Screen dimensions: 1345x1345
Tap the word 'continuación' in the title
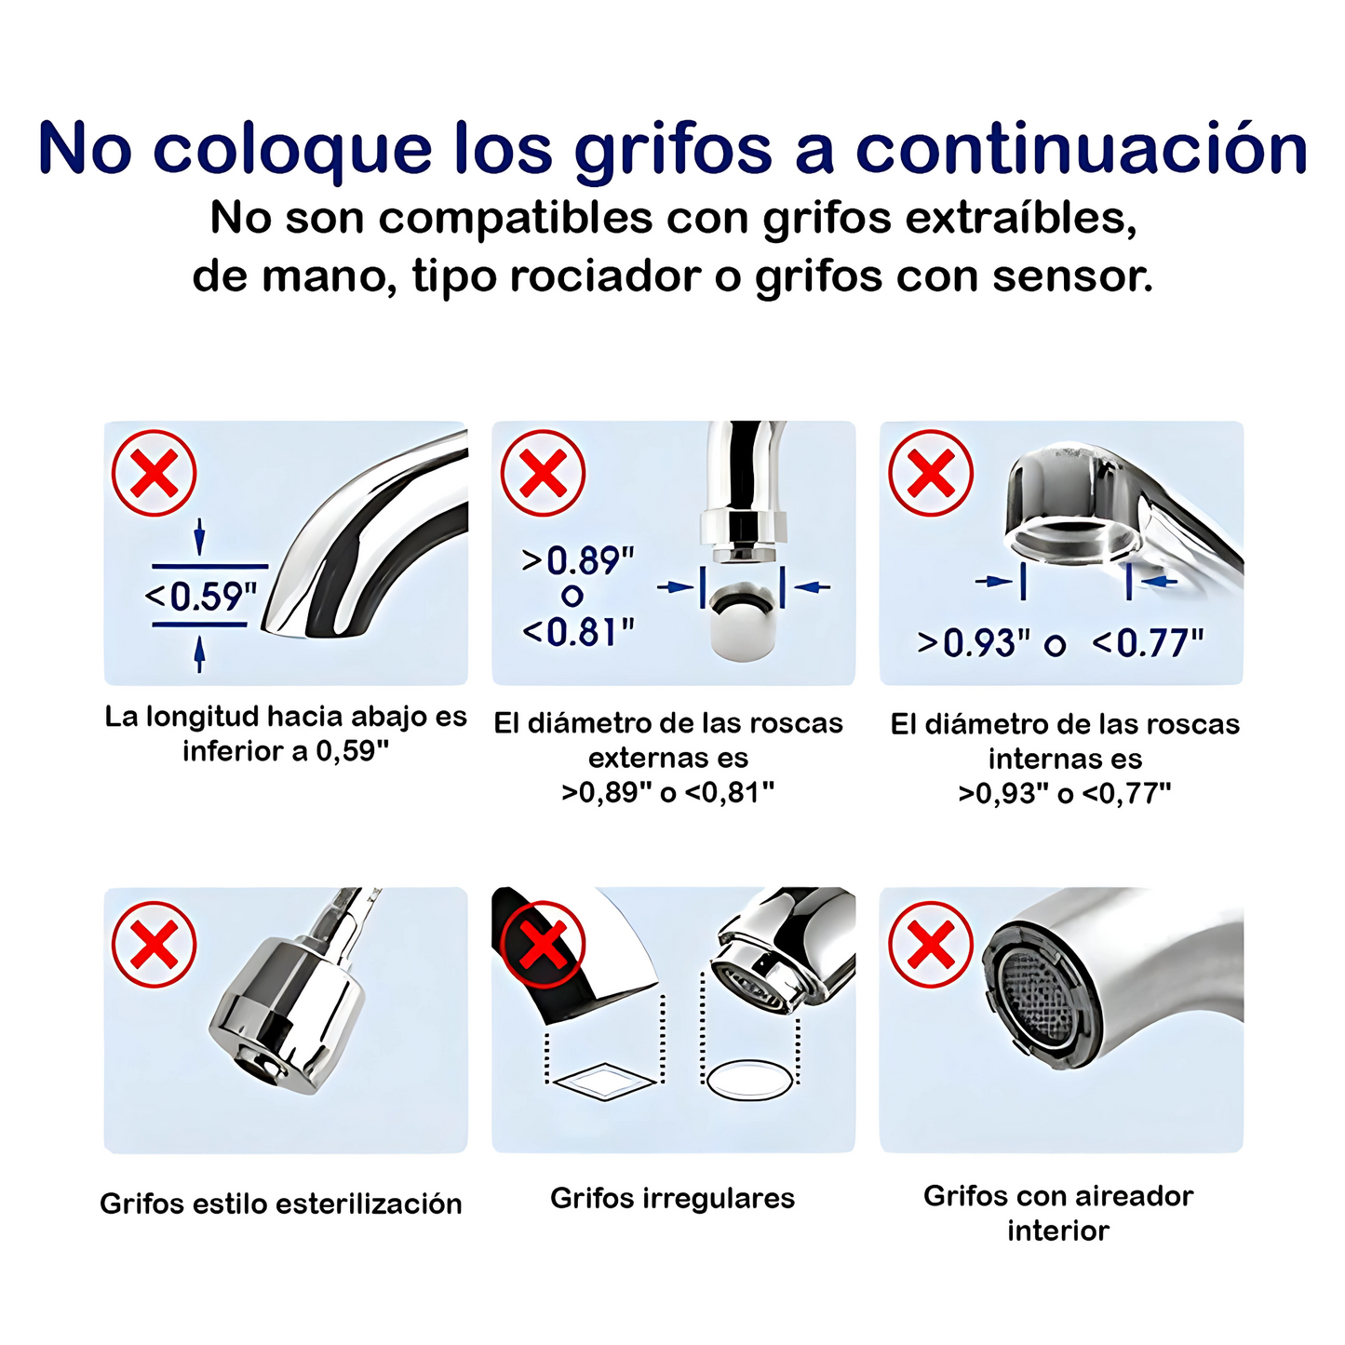point(1082,149)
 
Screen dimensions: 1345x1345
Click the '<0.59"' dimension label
point(201,596)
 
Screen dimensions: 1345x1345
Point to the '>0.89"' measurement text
point(578,560)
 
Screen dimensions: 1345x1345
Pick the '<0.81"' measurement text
point(578,633)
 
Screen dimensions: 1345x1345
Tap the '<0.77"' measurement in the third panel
point(1148,643)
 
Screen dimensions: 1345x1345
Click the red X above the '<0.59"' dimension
point(155,474)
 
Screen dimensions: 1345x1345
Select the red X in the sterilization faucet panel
point(155,945)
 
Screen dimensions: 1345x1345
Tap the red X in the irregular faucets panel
point(543,945)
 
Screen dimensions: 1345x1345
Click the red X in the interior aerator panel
point(931,945)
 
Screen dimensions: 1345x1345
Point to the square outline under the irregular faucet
point(605,1082)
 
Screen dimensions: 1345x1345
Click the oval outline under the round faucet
point(749,1081)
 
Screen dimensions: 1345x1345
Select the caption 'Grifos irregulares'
point(672,1198)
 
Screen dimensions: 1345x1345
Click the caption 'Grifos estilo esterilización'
point(281,1204)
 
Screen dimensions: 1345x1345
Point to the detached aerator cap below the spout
point(742,624)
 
